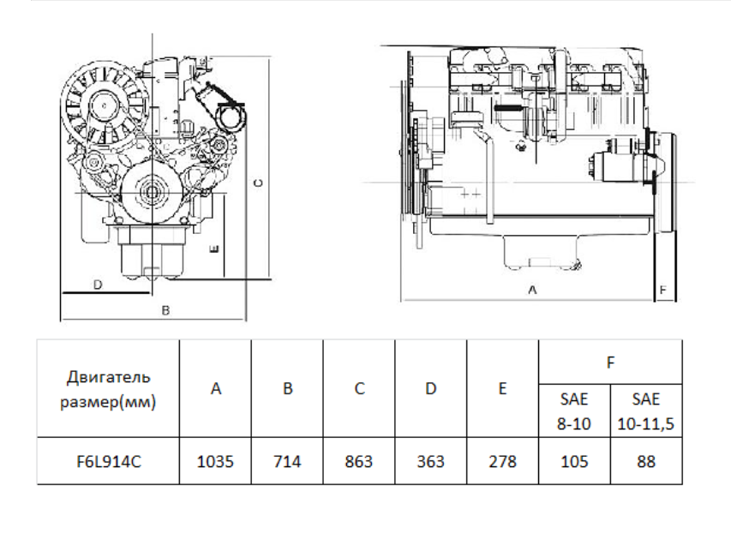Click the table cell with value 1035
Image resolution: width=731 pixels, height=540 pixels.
coord(215,461)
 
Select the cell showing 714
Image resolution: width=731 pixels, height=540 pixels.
coord(287,461)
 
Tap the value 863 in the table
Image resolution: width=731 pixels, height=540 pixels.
coord(359,461)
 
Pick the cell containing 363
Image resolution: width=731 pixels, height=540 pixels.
coord(431,461)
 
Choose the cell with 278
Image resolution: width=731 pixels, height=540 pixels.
coord(502,461)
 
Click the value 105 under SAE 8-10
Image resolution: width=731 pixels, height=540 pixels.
coord(574,461)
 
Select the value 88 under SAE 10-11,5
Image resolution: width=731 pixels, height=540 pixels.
coord(646,461)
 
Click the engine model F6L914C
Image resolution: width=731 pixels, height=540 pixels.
coord(109,461)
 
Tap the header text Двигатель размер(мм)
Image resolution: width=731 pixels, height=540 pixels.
coord(108,389)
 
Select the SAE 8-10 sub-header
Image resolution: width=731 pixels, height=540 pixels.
coord(574,411)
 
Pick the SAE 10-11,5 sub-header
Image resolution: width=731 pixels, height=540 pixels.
coord(646,411)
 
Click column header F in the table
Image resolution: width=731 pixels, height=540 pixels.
coord(611,363)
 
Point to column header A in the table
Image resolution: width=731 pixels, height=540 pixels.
coord(215,388)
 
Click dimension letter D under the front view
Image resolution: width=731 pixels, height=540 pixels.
coord(98,285)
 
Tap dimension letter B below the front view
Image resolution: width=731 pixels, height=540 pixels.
coord(165,310)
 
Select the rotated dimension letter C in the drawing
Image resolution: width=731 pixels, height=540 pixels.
coord(258,183)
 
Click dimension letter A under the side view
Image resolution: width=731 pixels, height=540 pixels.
coord(532,290)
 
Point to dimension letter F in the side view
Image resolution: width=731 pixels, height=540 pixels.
coord(663,290)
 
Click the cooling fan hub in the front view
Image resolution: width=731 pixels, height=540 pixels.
coord(104,105)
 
